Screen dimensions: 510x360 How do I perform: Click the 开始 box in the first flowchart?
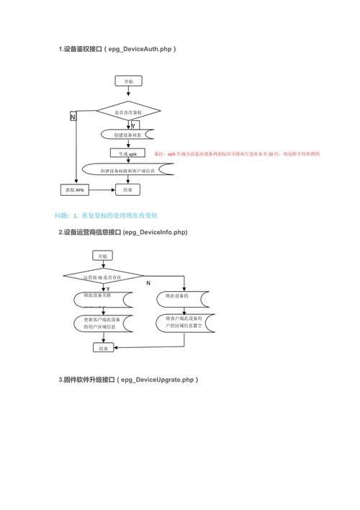tap(127, 82)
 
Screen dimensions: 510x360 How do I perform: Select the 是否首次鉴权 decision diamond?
tap(128, 112)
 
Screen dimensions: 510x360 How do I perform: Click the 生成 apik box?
tap(127, 153)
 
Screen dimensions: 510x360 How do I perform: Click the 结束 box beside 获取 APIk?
tap(127, 189)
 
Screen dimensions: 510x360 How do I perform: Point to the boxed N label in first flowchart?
tap(73, 117)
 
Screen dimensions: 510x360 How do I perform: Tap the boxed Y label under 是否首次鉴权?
tap(134, 125)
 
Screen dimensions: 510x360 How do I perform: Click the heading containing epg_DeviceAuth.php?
tap(117, 49)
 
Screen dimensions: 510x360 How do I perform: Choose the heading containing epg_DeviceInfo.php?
tap(122, 232)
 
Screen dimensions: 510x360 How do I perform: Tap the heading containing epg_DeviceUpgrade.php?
tap(128, 379)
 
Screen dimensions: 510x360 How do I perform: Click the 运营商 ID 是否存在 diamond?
tap(102, 277)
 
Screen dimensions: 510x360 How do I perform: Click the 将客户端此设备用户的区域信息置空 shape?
tap(184, 322)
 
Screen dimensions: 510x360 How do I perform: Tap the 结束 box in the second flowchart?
tap(102, 348)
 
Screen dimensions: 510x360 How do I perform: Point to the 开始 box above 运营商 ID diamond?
tap(102, 256)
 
